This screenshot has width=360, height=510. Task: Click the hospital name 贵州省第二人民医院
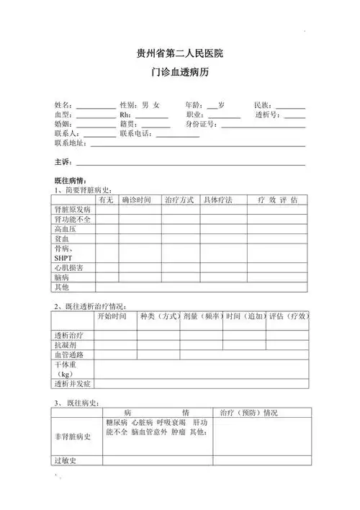pos(180,54)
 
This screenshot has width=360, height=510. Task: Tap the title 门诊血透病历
pos(180,73)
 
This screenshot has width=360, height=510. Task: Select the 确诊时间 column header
pos(137,200)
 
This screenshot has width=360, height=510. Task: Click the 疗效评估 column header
pos(277,200)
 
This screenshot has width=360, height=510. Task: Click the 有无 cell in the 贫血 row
pos(107,238)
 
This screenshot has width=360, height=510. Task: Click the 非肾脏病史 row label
pos(73,437)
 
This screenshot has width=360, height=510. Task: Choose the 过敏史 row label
pos(65,460)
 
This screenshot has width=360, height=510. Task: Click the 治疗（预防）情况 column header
pos(248,413)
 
